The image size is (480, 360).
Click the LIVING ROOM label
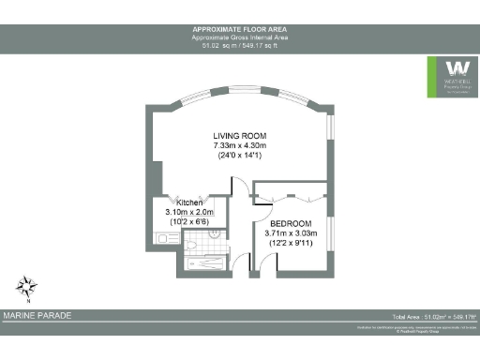(240, 137)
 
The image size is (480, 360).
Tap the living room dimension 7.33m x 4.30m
(240, 147)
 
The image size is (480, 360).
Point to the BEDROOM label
(292, 223)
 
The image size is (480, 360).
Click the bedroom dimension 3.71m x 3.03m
(292, 233)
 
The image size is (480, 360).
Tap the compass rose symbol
(27, 286)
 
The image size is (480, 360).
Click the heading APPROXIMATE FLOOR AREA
(239, 30)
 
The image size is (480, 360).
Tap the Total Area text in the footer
(435, 318)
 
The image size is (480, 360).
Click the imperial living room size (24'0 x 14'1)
(240, 157)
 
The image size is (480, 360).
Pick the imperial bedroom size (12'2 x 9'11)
(292, 244)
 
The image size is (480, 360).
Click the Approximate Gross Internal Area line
(239, 37)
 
